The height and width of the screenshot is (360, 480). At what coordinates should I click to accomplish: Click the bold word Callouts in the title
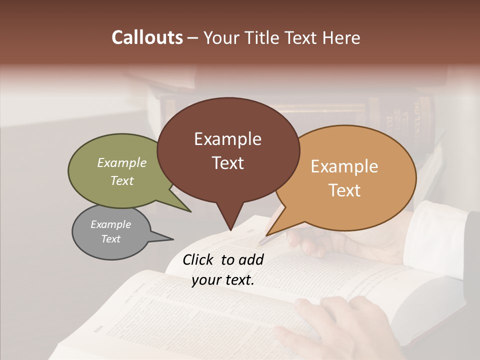click(147, 37)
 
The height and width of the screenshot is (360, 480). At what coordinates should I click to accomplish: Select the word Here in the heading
click(341, 38)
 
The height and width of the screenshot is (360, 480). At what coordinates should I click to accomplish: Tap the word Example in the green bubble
click(122, 162)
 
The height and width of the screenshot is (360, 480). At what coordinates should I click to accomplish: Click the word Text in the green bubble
click(122, 180)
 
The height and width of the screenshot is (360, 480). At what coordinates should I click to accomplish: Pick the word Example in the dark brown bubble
click(227, 139)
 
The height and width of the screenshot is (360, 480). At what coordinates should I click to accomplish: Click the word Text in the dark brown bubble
click(227, 163)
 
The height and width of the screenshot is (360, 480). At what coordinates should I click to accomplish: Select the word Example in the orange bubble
click(344, 166)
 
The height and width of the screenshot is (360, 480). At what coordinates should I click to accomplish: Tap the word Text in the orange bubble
click(344, 190)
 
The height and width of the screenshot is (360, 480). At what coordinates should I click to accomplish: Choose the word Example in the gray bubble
click(110, 224)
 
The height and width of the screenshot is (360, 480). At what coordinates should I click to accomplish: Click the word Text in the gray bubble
click(110, 239)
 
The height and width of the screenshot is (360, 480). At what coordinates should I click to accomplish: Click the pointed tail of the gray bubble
click(172, 239)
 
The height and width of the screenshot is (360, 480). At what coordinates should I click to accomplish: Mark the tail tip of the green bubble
click(190, 211)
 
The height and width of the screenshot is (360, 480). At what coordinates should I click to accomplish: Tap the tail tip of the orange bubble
click(266, 235)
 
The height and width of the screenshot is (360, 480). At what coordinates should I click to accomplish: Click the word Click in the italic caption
click(199, 259)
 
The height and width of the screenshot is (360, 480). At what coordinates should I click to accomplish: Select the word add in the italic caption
click(251, 259)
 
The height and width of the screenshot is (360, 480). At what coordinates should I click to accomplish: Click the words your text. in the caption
click(223, 280)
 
